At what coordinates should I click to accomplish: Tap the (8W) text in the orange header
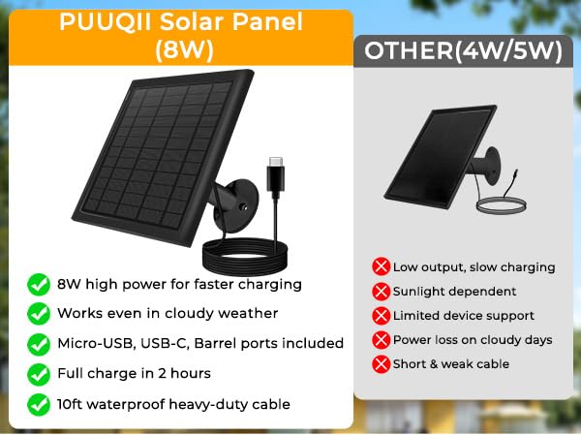pos(181,48)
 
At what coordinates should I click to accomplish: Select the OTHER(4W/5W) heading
pos(457,50)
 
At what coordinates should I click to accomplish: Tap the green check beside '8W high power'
pos(38,285)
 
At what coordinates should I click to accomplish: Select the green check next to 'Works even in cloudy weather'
pos(38,314)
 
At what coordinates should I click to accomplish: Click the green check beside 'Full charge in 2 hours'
pos(38,374)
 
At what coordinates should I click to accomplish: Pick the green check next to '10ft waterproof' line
pos(38,404)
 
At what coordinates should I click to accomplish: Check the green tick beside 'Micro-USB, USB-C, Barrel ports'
pos(38,344)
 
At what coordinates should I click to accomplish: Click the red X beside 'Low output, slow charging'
pos(381,266)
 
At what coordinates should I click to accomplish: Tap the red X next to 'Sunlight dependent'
pos(381,291)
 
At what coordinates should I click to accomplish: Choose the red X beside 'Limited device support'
pos(381,316)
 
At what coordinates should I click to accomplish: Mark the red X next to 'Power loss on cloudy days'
pos(381,340)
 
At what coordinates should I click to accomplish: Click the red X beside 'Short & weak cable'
pos(381,364)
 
